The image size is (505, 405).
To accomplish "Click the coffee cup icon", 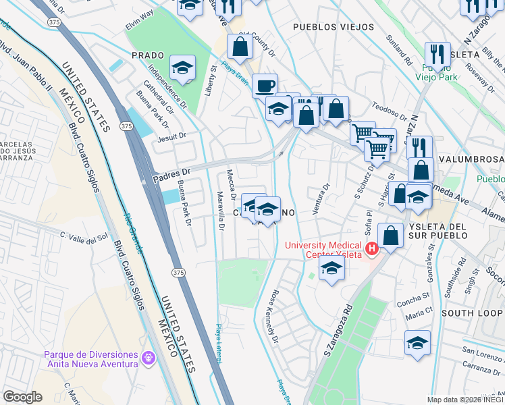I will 265,86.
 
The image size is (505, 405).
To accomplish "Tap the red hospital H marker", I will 371,250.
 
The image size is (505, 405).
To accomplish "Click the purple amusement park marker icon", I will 149,355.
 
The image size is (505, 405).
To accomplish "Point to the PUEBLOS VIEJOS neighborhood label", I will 333,27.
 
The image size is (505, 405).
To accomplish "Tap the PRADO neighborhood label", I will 148,55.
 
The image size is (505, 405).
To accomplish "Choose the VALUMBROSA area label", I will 470,159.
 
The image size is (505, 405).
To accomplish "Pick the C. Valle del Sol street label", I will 84,236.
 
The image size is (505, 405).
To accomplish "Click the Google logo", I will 22,396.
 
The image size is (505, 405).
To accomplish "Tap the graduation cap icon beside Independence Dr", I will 182,66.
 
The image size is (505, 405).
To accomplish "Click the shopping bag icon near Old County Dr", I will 240,46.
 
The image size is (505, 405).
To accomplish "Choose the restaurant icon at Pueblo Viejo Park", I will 438,55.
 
